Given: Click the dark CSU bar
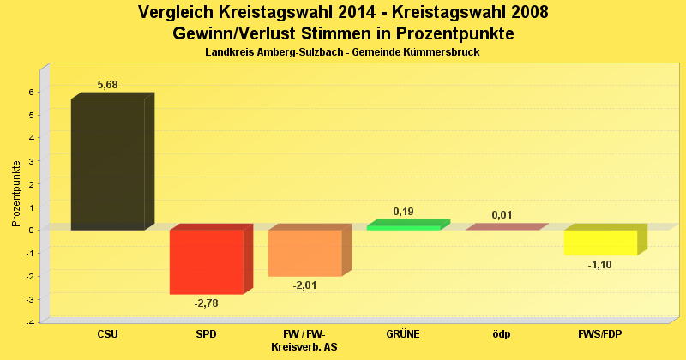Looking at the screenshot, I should [x=107, y=164].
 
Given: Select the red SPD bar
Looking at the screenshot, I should [x=206, y=261].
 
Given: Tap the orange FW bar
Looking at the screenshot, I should [x=304, y=253].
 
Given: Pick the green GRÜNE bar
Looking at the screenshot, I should [x=403, y=226].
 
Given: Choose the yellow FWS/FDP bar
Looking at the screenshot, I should [x=600, y=243].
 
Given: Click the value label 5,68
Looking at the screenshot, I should [x=108, y=84].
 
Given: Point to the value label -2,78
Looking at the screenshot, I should [x=206, y=303].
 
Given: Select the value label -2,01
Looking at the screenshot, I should [x=304, y=285].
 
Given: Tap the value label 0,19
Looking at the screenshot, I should [x=404, y=211].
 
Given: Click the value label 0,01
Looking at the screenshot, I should [x=502, y=214].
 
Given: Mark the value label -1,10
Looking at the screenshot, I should [x=599, y=265].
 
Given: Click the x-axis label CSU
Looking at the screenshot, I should [x=108, y=334].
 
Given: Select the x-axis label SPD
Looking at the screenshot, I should [x=206, y=334].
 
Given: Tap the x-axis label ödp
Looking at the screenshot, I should [x=502, y=334].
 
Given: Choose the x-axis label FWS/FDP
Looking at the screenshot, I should [x=599, y=334].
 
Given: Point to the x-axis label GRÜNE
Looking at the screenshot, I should [x=403, y=334].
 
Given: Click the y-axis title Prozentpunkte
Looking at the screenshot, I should [x=16, y=193].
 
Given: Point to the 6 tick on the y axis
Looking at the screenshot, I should [x=31, y=92].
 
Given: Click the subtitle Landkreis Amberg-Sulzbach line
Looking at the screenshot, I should [x=342, y=52].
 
